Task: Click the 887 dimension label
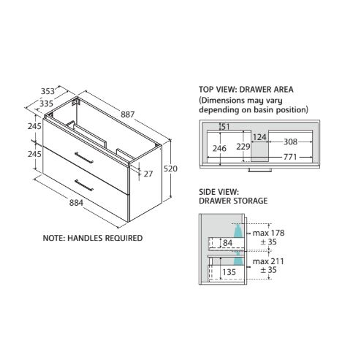[x=127, y=114]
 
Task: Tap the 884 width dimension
[x=76, y=203]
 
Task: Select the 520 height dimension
[x=171, y=169]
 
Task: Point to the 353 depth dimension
[x=48, y=91]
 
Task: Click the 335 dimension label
[x=46, y=104]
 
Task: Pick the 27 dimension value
[x=148, y=173]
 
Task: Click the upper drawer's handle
[x=84, y=158]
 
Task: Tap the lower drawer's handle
[x=84, y=185]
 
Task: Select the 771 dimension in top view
[x=290, y=157]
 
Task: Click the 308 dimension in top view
[x=290, y=142]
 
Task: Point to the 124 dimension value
[x=260, y=137]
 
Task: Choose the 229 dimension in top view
[x=243, y=146]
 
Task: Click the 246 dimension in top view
[x=219, y=148]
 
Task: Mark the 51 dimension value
[x=226, y=126]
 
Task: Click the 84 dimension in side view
[x=228, y=243]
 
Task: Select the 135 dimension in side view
[x=229, y=272]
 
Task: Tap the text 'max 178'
[x=268, y=233]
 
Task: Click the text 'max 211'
[x=268, y=261]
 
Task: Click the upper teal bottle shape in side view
[x=238, y=232]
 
